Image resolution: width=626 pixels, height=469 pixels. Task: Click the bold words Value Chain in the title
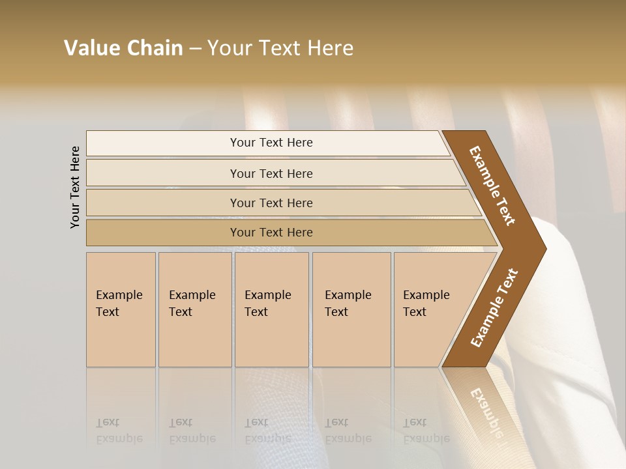click(123, 48)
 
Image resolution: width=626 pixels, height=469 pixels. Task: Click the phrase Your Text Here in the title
click(280, 48)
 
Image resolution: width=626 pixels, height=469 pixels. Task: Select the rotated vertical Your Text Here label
click(75, 187)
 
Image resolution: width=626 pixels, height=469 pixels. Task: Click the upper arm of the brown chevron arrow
click(492, 186)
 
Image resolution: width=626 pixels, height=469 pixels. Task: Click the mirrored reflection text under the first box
click(119, 431)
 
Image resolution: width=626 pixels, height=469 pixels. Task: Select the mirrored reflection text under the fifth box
click(426, 431)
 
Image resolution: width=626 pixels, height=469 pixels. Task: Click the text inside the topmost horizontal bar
click(271, 143)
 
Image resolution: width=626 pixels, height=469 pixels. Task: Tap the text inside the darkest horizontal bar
click(271, 233)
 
